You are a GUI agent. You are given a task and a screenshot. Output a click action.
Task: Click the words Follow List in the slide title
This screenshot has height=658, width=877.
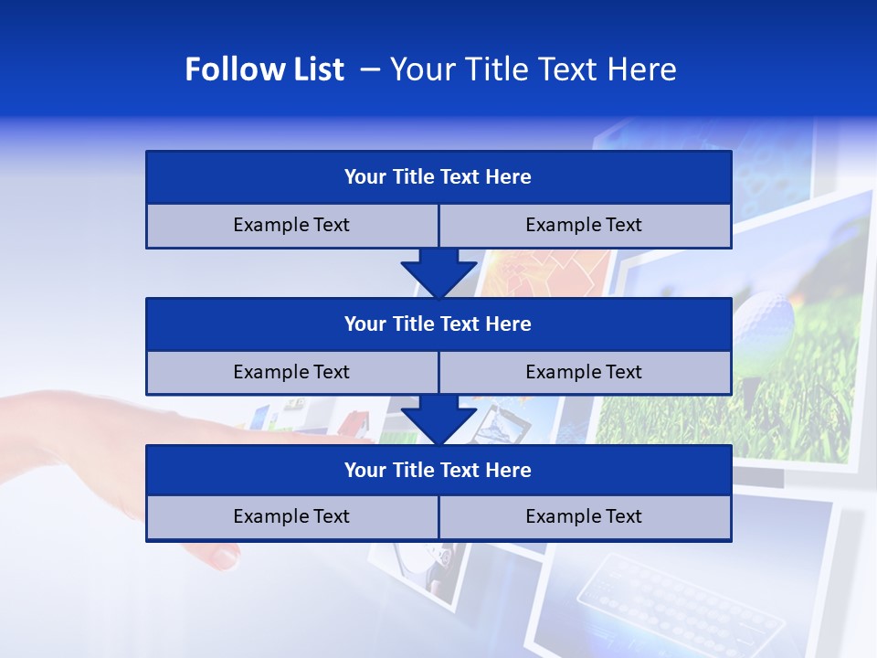(265, 69)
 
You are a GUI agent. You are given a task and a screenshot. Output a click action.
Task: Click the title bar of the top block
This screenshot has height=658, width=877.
(438, 177)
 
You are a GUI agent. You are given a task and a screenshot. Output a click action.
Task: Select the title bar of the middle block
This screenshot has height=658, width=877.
(438, 324)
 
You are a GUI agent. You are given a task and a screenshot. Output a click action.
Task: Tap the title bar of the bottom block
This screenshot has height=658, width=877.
(438, 470)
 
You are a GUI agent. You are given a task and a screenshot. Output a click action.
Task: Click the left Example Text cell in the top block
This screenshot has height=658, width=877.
(291, 225)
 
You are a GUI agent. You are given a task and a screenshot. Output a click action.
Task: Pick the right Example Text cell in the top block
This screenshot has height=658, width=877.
(585, 225)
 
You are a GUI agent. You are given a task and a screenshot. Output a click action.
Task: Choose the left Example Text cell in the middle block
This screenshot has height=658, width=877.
(291, 372)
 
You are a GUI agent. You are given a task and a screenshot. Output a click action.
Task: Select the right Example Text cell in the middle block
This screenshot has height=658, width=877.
(585, 372)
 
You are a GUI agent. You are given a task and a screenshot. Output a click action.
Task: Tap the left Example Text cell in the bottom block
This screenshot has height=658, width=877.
(291, 516)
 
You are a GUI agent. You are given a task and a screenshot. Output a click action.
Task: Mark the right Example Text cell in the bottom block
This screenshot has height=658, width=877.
(585, 516)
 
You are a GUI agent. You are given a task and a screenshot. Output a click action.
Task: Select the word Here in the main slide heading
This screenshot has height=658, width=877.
(644, 69)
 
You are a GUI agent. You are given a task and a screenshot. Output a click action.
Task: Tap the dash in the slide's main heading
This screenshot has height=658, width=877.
(370, 69)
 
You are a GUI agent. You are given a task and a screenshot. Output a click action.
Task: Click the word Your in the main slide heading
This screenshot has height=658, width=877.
(420, 69)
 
